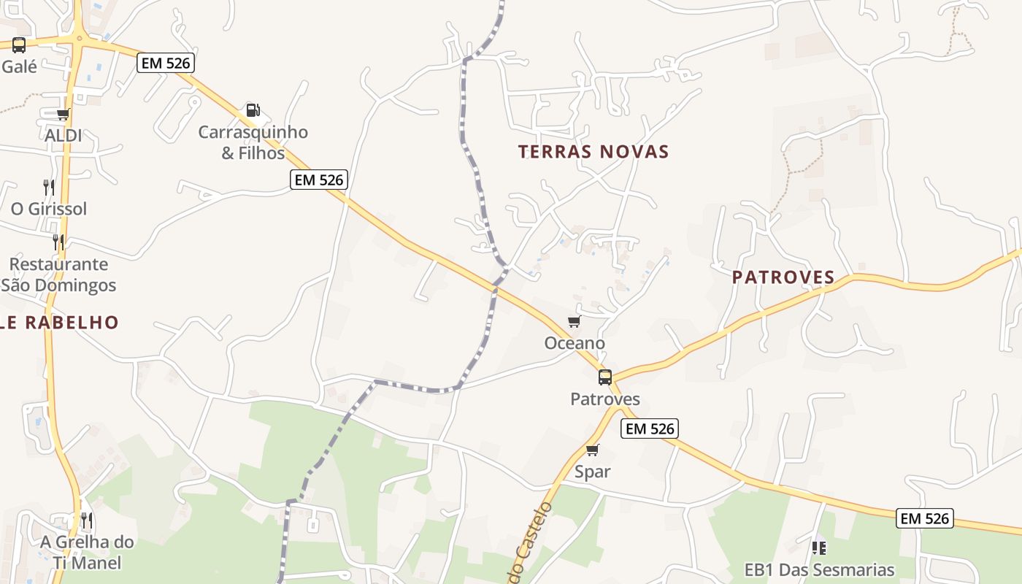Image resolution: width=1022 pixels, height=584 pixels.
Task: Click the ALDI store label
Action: pos(63,136)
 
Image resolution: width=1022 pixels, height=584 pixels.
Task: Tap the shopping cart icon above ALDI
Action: pos(63,114)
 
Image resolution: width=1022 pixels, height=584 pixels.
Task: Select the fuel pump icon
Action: pos(253,110)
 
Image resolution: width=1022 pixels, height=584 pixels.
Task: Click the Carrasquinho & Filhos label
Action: pos(253,142)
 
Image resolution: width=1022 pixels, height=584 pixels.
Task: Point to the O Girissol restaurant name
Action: pos(48,209)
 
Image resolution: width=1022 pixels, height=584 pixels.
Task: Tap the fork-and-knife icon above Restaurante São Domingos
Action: pos(58,242)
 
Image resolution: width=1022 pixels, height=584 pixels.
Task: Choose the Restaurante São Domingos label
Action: pos(58,274)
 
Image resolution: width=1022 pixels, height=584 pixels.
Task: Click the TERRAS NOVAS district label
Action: pos(593,152)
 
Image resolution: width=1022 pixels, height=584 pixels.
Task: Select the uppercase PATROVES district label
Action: pos(783,277)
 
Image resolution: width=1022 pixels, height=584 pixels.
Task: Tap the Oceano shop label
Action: pos(575,343)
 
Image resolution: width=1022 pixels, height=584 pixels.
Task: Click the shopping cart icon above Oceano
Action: pos(574,322)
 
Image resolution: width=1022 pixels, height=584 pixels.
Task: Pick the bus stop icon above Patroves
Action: pos(605,377)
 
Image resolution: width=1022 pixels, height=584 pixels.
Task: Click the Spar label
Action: pos(592,472)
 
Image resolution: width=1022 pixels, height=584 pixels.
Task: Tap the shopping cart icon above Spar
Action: pos(592,450)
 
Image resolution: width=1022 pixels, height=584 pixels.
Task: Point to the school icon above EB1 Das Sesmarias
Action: pos(818,547)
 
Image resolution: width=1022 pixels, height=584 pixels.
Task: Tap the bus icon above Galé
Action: pos(19,45)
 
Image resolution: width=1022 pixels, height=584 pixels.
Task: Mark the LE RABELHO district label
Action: pos(58,323)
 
